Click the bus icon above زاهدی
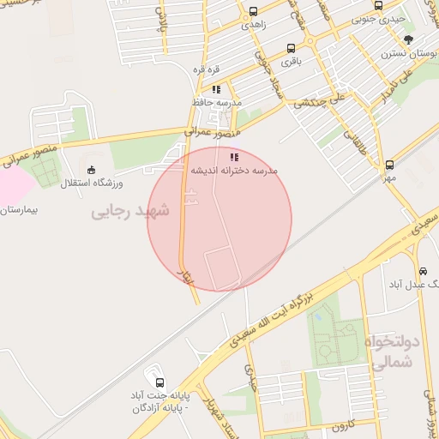coord(253,12)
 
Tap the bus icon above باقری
coord(292,49)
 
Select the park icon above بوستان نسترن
coord(409,39)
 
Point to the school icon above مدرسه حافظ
coord(217,88)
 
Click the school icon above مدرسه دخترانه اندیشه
coord(234,157)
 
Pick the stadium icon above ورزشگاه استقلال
coord(93,170)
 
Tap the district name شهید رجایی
coord(131,210)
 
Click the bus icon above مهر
coord(390,165)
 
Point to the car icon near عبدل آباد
coord(423,271)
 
